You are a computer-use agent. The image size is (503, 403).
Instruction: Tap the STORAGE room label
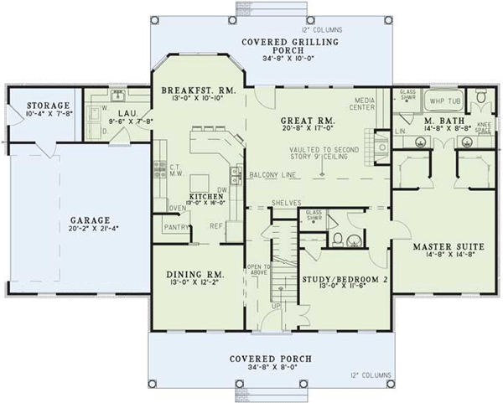coord(34,106)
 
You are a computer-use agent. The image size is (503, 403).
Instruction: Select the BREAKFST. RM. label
coord(199,90)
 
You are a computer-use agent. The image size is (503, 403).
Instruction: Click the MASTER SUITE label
coord(445,247)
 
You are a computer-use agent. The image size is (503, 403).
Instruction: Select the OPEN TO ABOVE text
coord(256,271)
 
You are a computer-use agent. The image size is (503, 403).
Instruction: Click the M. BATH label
coord(438,122)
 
